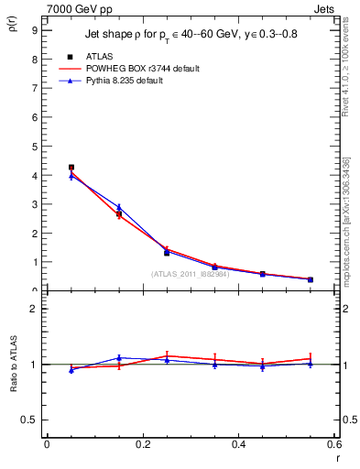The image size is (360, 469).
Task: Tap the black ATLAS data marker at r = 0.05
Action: point(71,168)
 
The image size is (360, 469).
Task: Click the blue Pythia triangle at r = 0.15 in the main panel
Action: point(119,207)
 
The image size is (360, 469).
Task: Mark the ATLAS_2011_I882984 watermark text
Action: point(190,274)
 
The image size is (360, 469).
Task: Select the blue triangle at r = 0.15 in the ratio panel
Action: point(119,358)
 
